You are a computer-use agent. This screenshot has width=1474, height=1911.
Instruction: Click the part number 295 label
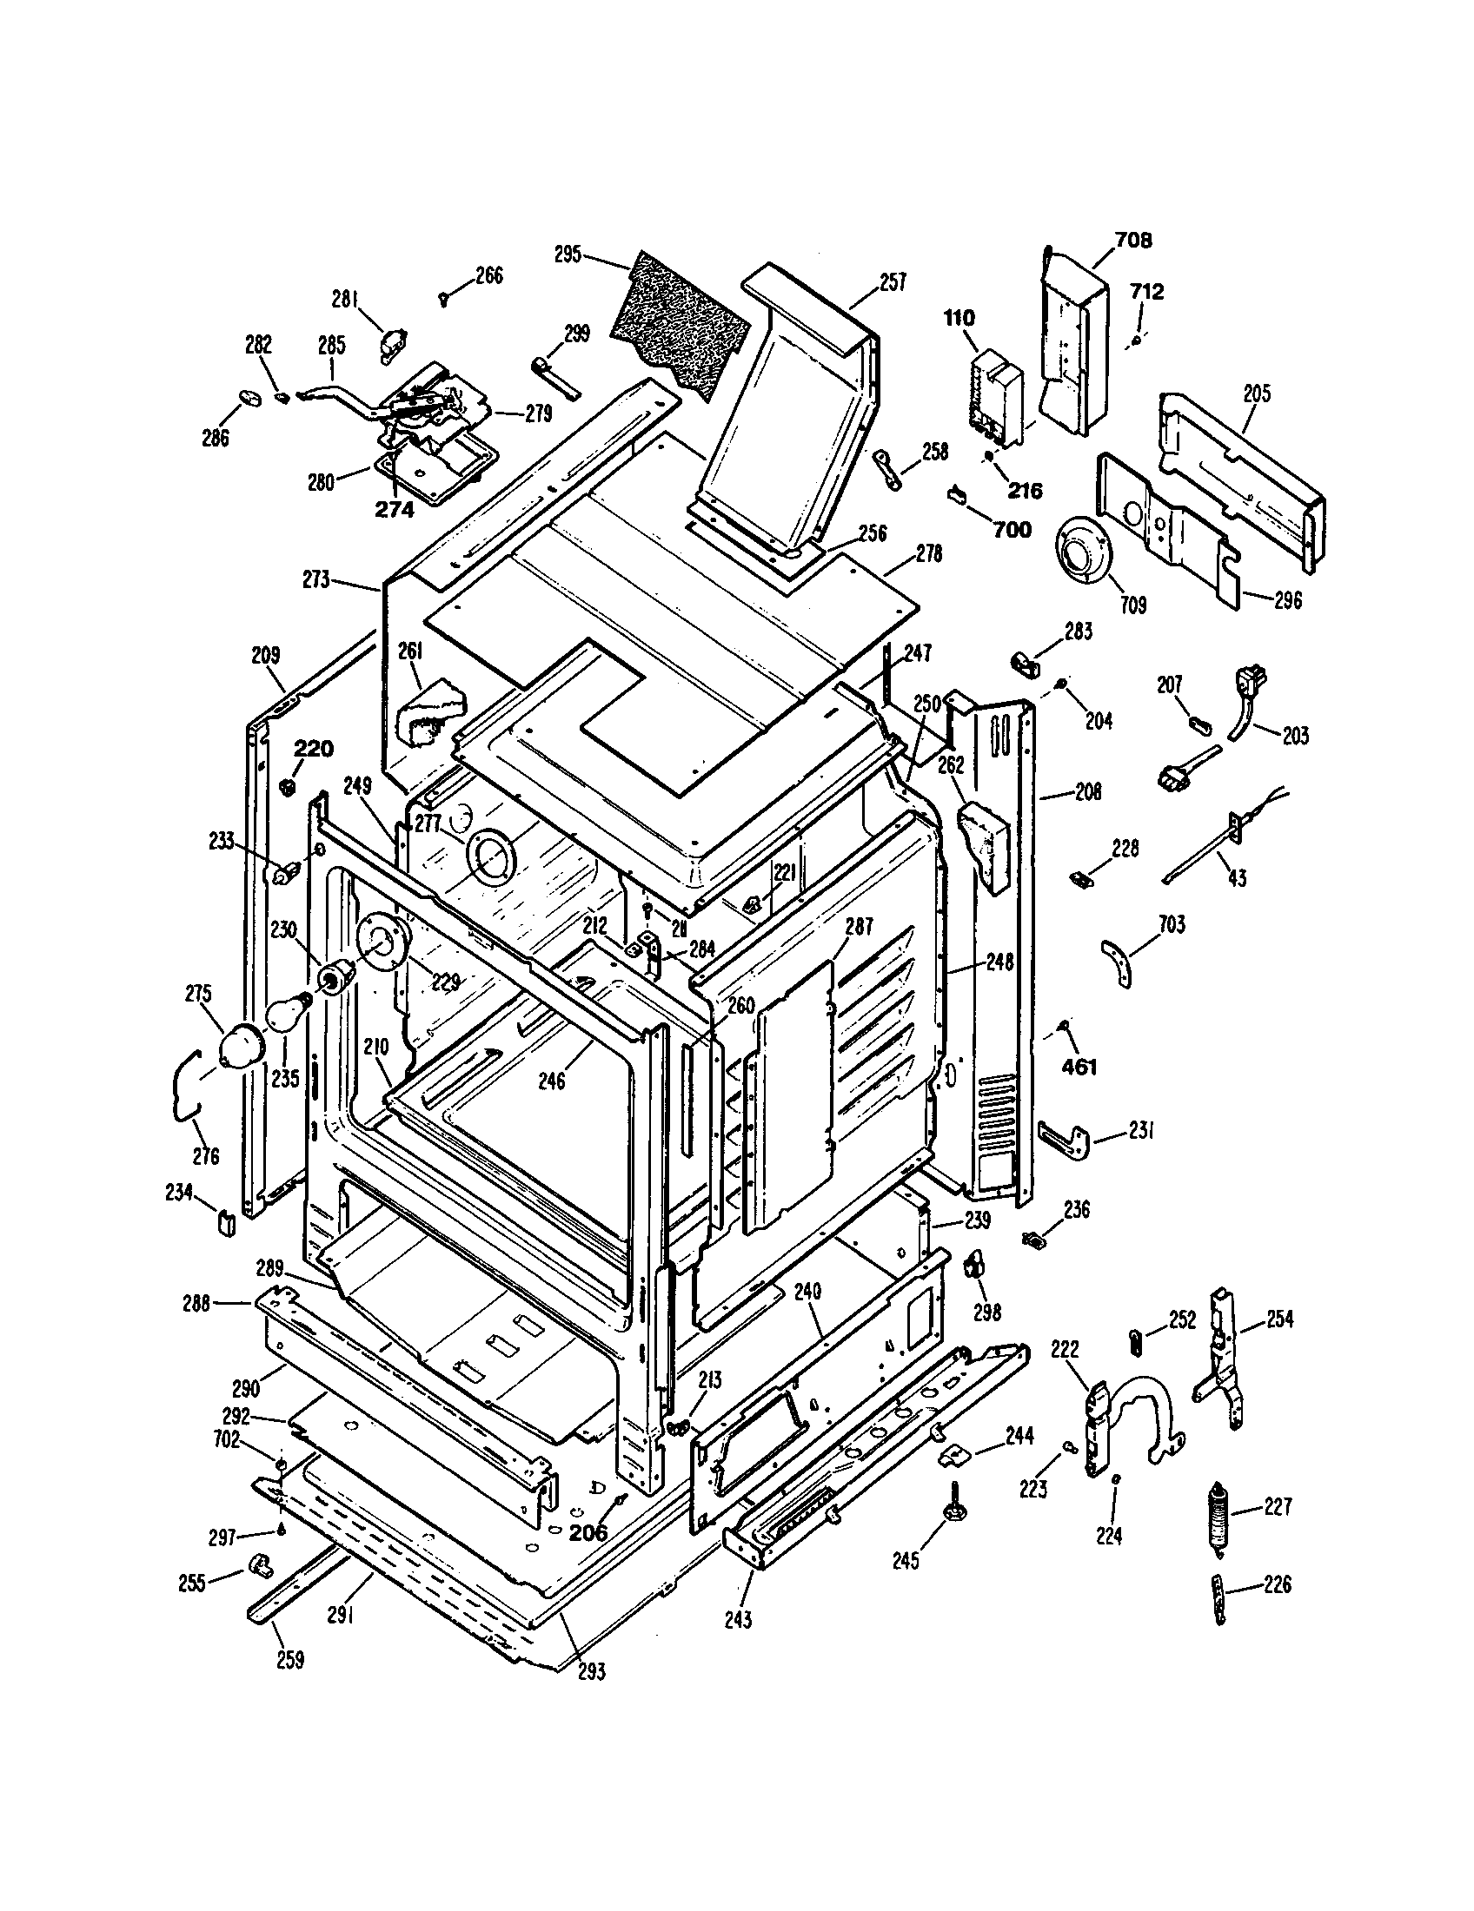(568, 254)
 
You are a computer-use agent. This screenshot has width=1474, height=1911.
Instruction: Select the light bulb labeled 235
(284, 1013)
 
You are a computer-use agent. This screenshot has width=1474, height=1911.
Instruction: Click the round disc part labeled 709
(1082, 553)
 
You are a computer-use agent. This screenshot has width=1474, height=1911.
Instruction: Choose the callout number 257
(892, 281)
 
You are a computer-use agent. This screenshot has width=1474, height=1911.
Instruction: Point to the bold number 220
(313, 748)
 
